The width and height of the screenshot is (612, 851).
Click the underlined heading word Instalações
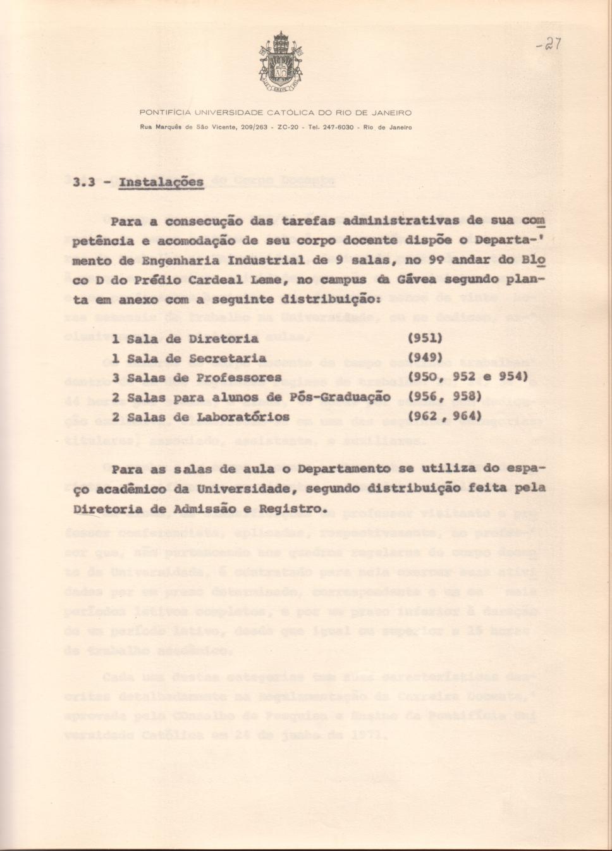point(161,183)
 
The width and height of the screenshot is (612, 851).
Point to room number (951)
point(425,339)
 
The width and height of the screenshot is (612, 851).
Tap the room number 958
point(465,397)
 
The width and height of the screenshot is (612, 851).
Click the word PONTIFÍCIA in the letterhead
point(164,113)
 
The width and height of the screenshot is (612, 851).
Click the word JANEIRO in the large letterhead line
point(391,113)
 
